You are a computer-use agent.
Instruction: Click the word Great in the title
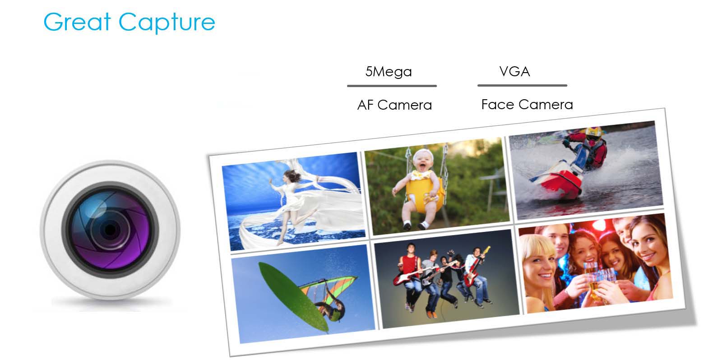coord(77,22)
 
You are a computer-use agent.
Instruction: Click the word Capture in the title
coord(167,23)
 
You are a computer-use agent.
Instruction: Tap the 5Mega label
coord(389,72)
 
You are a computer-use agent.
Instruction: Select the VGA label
coord(514,71)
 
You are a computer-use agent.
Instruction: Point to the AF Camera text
coord(394,105)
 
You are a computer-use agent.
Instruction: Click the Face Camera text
coord(527,104)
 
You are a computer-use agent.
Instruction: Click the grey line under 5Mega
coord(392,86)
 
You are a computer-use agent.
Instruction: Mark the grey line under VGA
coord(522,85)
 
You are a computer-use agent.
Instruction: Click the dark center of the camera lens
coord(110,230)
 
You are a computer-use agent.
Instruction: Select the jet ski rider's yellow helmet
coord(593,132)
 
